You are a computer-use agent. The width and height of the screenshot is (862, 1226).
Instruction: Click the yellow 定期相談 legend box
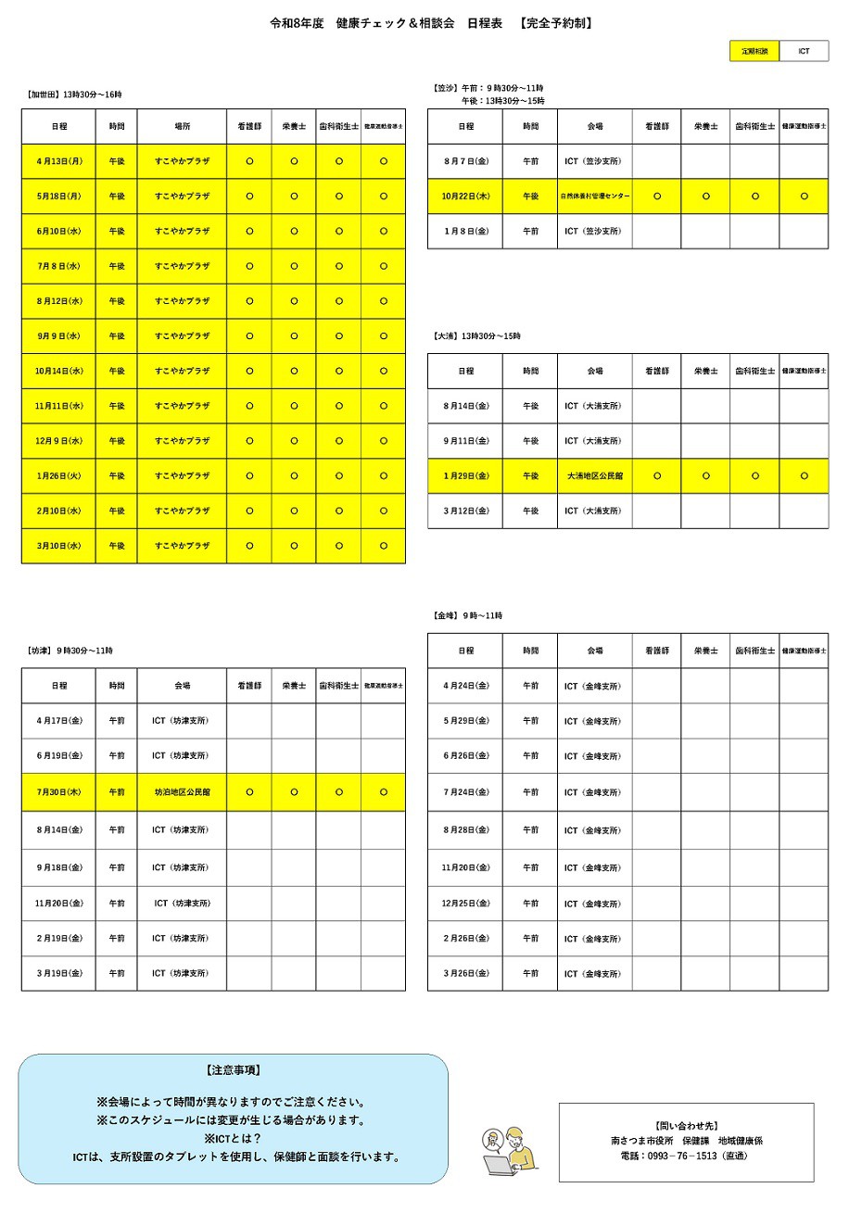click(754, 51)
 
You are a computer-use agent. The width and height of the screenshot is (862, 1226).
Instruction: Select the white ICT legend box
click(804, 51)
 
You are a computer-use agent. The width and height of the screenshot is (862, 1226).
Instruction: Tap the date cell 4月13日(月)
click(58, 161)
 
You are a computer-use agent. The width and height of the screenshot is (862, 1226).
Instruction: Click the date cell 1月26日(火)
click(58, 476)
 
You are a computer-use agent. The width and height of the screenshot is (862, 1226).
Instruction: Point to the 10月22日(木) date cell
click(464, 196)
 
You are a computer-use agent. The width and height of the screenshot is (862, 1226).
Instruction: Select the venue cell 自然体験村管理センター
click(595, 196)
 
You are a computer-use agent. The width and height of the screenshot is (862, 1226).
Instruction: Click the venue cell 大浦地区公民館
click(595, 476)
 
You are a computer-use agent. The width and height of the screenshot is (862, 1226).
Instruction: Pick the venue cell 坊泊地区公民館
click(182, 792)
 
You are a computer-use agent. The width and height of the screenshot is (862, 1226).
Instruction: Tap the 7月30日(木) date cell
click(58, 792)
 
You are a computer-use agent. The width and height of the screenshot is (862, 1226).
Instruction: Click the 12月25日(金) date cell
click(464, 904)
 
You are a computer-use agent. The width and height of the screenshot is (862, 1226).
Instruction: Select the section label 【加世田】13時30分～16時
click(74, 95)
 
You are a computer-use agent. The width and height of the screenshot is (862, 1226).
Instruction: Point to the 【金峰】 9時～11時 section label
click(467, 615)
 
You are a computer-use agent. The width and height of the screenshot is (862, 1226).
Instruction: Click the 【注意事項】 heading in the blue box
click(233, 1070)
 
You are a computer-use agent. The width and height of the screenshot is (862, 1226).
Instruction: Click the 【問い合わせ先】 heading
click(686, 1126)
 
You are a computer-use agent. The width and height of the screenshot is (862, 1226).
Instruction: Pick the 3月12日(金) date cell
click(464, 511)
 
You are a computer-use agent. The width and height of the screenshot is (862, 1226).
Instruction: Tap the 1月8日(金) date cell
click(464, 231)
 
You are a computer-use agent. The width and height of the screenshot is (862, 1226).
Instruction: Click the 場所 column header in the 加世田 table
click(182, 126)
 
